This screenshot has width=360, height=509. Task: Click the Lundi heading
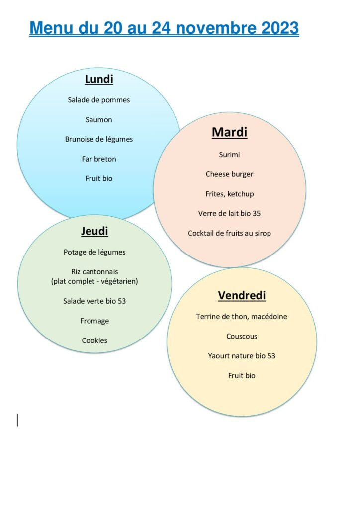coord(99,79)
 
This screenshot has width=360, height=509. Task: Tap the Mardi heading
coord(230,132)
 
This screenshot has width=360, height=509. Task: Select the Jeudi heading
coord(94,231)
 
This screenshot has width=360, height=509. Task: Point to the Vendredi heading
coord(242,295)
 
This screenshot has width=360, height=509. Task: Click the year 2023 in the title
coord(280,28)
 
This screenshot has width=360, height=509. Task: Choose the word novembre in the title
coord(216,28)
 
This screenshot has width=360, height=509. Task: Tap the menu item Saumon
coord(98,120)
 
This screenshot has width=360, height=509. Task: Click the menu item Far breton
coord(99,159)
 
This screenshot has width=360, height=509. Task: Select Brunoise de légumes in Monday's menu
coord(99,139)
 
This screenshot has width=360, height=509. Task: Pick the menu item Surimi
coord(230,155)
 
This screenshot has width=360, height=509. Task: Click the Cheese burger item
coord(230,174)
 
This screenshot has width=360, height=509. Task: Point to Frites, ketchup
coord(230,194)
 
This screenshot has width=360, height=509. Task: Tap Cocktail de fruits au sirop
coord(230,233)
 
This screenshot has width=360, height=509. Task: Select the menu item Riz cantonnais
coord(94,272)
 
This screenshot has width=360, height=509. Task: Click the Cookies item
coord(94,340)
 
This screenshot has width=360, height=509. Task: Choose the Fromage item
coord(94,321)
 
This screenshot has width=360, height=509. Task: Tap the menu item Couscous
coord(242,337)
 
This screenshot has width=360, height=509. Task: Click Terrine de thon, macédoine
coord(242,317)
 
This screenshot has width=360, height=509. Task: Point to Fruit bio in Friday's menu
coord(242,376)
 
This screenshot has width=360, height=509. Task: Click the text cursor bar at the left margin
coord(17,420)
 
